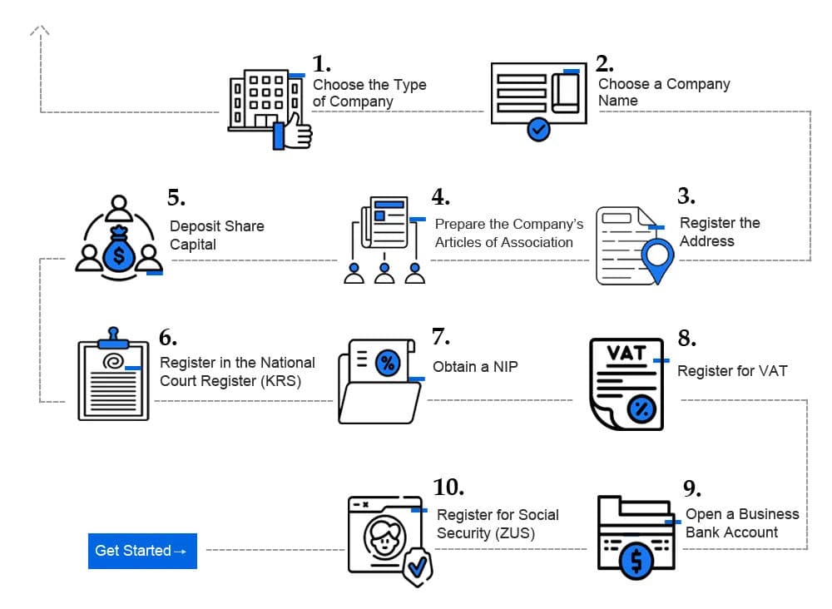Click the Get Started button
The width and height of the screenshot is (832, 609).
pyautogui.click(x=142, y=551)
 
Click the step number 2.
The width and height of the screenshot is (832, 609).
pyautogui.click(x=605, y=64)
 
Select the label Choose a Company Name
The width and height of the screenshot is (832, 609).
pyautogui.click(x=663, y=92)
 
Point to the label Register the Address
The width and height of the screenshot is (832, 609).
pyautogui.click(x=719, y=232)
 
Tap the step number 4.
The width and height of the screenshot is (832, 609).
pyautogui.click(x=440, y=197)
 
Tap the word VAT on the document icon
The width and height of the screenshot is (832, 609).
pyautogui.click(x=626, y=353)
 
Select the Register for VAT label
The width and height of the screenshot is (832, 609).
pyautogui.click(x=731, y=371)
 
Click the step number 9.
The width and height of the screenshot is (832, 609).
pyautogui.click(x=691, y=488)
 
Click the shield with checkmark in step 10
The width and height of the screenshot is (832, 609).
pyautogui.click(x=417, y=567)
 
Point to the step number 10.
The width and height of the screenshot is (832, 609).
pyautogui.click(x=448, y=487)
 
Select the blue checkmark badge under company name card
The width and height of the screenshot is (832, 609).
pyautogui.click(x=538, y=129)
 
